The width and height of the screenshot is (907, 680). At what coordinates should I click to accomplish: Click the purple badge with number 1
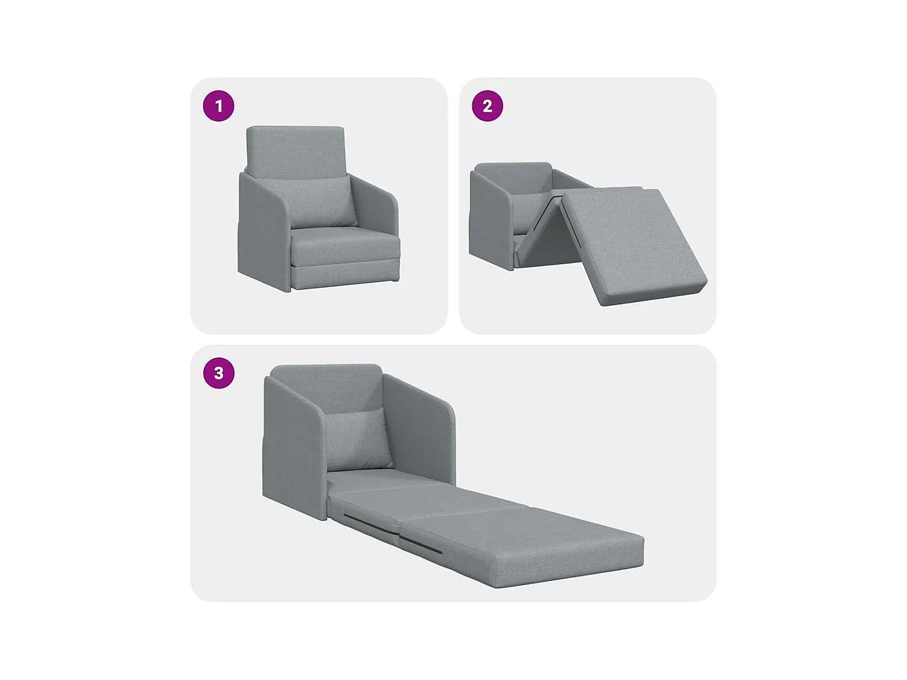[x=218, y=106]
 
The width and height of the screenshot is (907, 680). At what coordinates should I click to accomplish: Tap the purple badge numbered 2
[x=487, y=106]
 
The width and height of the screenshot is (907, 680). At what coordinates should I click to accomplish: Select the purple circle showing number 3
[x=218, y=373]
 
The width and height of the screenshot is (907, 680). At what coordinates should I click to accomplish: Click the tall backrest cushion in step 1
[x=296, y=151]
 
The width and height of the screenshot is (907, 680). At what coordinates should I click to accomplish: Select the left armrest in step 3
[x=293, y=447]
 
